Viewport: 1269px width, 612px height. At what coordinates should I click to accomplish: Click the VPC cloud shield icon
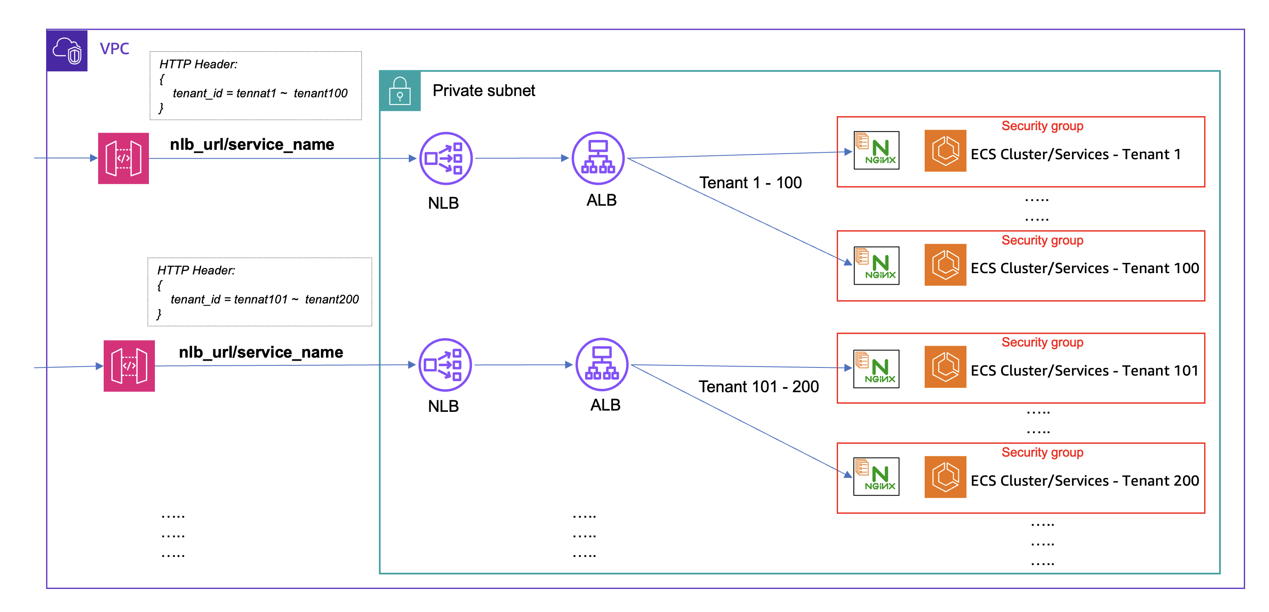(x=67, y=51)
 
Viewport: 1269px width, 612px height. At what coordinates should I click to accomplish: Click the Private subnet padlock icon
(x=399, y=90)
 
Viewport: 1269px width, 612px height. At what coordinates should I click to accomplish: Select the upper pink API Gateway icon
(x=123, y=158)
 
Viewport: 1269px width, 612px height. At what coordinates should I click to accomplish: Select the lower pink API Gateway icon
(x=129, y=366)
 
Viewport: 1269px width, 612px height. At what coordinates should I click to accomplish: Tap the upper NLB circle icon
(x=445, y=158)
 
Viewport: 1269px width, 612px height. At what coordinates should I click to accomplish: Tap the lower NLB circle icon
(x=445, y=364)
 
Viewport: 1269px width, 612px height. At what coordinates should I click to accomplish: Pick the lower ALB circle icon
(x=602, y=364)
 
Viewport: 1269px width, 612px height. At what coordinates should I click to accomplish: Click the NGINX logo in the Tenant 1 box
(x=876, y=150)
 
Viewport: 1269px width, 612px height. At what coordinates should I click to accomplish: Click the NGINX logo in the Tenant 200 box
(x=876, y=476)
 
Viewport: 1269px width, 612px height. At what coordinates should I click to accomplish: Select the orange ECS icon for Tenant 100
(x=945, y=265)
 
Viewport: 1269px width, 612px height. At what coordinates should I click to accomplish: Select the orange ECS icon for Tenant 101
(x=945, y=367)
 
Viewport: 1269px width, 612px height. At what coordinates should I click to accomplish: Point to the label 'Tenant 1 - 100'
(x=750, y=183)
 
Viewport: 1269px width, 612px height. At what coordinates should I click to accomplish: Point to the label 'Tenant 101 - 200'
(x=758, y=387)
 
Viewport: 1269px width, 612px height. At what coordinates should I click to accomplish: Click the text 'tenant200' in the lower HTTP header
(x=332, y=299)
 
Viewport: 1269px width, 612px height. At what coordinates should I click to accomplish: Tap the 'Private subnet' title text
(x=483, y=90)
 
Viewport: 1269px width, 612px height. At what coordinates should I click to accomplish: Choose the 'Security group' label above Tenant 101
(x=1042, y=342)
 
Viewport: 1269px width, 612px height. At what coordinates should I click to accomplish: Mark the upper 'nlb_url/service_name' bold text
(x=252, y=144)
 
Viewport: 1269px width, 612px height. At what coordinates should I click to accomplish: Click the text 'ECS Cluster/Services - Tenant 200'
(x=1084, y=481)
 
